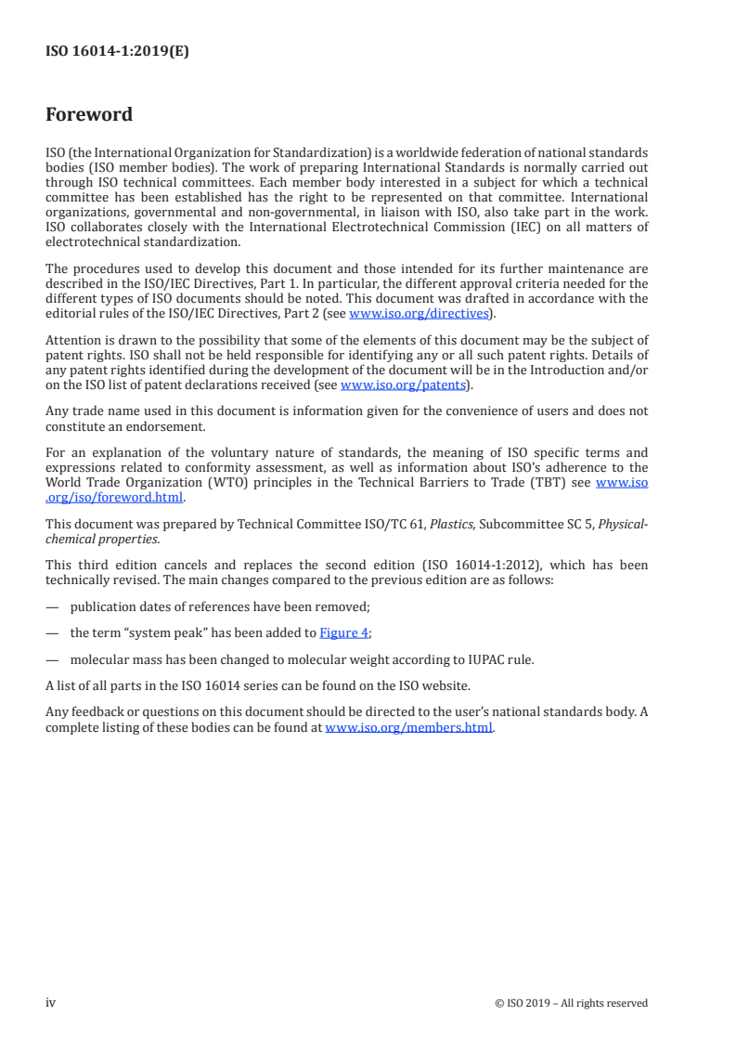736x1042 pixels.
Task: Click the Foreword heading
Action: [x=89, y=115]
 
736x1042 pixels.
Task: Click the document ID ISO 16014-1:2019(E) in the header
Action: [x=117, y=52]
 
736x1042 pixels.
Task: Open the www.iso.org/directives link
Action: [x=419, y=314]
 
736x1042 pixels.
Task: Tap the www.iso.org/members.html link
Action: [x=408, y=728]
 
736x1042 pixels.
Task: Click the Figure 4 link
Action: [x=343, y=633]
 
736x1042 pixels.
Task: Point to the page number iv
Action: [x=51, y=1003]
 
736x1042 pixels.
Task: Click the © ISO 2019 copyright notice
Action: [x=571, y=1003]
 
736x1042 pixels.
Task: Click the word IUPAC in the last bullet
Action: [x=479, y=660]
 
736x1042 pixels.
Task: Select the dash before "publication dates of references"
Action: [x=52, y=607]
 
